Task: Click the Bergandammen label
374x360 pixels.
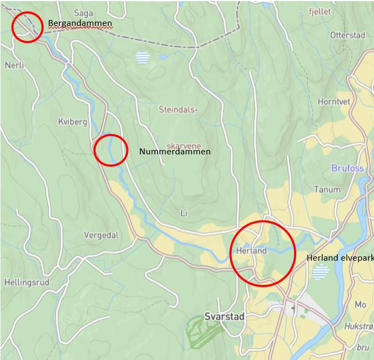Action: [80, 23]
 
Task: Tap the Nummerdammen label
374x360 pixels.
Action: [174, 152]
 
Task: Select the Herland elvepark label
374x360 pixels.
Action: [340, 258]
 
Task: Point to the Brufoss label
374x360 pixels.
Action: [348, 168]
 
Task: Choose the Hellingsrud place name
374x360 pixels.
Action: [26, 282]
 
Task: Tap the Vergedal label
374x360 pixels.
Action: [101, 235]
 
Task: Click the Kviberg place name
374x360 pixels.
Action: [72, 122]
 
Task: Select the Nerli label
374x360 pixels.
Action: [15, 65]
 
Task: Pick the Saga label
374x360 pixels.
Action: [84, 13]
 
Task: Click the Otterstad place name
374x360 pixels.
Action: [348, 35]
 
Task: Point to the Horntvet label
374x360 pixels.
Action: [334, 101]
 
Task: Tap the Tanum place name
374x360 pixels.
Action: [327, 189]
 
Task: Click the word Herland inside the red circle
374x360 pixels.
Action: [251, 251]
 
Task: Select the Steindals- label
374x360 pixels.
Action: [178, 110]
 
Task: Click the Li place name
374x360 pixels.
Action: [183, 213]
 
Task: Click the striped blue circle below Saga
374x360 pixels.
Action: [142, 57]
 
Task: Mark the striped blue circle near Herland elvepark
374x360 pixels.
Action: [321, 271]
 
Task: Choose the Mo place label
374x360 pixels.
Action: [360, 305]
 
